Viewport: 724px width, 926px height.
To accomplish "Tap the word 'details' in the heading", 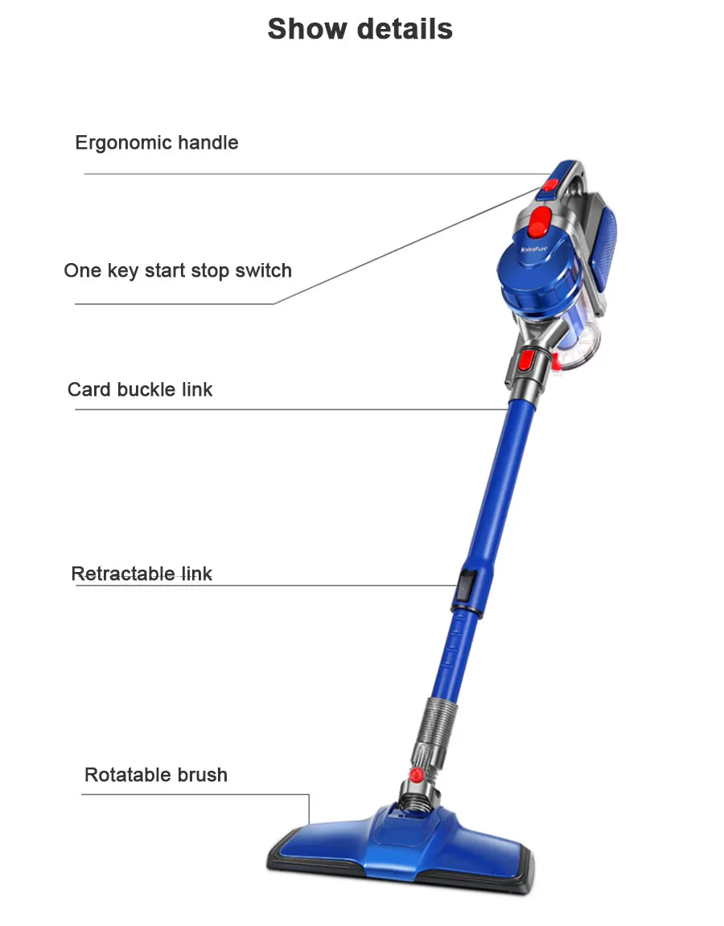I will pyautogui.click(x=405, y=29).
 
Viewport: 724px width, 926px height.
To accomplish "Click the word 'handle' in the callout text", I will pyautogui.click(x=208, y=142).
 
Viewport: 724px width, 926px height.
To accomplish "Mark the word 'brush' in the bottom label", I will pyautogui.click(x=203, y=775).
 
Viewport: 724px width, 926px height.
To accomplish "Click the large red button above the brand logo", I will pyautogui.click(x=541, y=217).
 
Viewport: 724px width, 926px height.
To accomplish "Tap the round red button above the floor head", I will pyautogui.click(x=416, y=774).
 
